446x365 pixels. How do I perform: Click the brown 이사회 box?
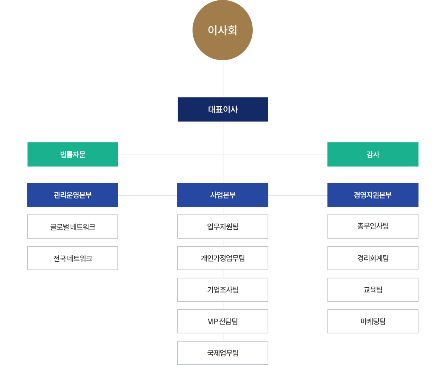222,30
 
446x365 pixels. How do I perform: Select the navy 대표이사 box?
222,109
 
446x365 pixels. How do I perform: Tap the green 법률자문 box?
73,154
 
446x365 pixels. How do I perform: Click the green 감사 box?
372,154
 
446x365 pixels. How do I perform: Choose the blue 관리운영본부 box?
73,195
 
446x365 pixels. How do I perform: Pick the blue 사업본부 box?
222,195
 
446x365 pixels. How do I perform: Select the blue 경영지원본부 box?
372,195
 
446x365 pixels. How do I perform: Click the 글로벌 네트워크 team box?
73,226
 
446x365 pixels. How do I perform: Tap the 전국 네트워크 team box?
73,258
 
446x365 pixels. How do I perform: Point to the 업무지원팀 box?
223,226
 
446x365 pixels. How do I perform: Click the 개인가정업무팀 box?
223,258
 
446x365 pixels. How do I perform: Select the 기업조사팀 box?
223,290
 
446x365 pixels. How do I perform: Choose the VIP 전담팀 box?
223,321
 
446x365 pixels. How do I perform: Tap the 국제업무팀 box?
223,353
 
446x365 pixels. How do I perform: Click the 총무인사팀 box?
373,226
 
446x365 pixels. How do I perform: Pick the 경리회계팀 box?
373,258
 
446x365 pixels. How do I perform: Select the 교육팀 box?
373,290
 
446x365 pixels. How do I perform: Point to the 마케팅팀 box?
373,321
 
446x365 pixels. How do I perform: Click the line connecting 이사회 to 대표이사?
223,78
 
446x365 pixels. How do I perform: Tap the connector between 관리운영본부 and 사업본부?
148,195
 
